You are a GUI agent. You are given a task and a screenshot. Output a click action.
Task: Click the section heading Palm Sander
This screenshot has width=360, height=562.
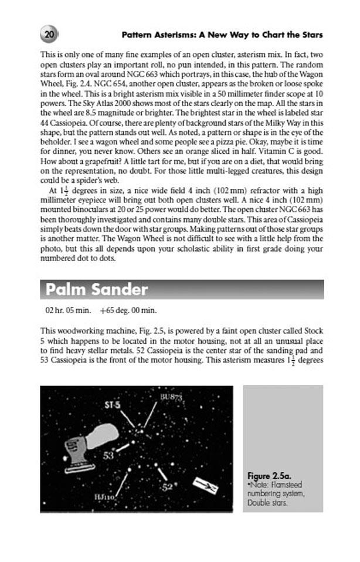coord(97,290)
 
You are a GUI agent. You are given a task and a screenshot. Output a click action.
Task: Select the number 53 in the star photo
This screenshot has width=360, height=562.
coord(109,455)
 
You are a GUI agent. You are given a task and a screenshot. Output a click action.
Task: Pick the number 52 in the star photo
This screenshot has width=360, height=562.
coord(168,486)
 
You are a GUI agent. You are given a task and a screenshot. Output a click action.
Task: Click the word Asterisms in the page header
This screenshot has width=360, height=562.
coord(172,35)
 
